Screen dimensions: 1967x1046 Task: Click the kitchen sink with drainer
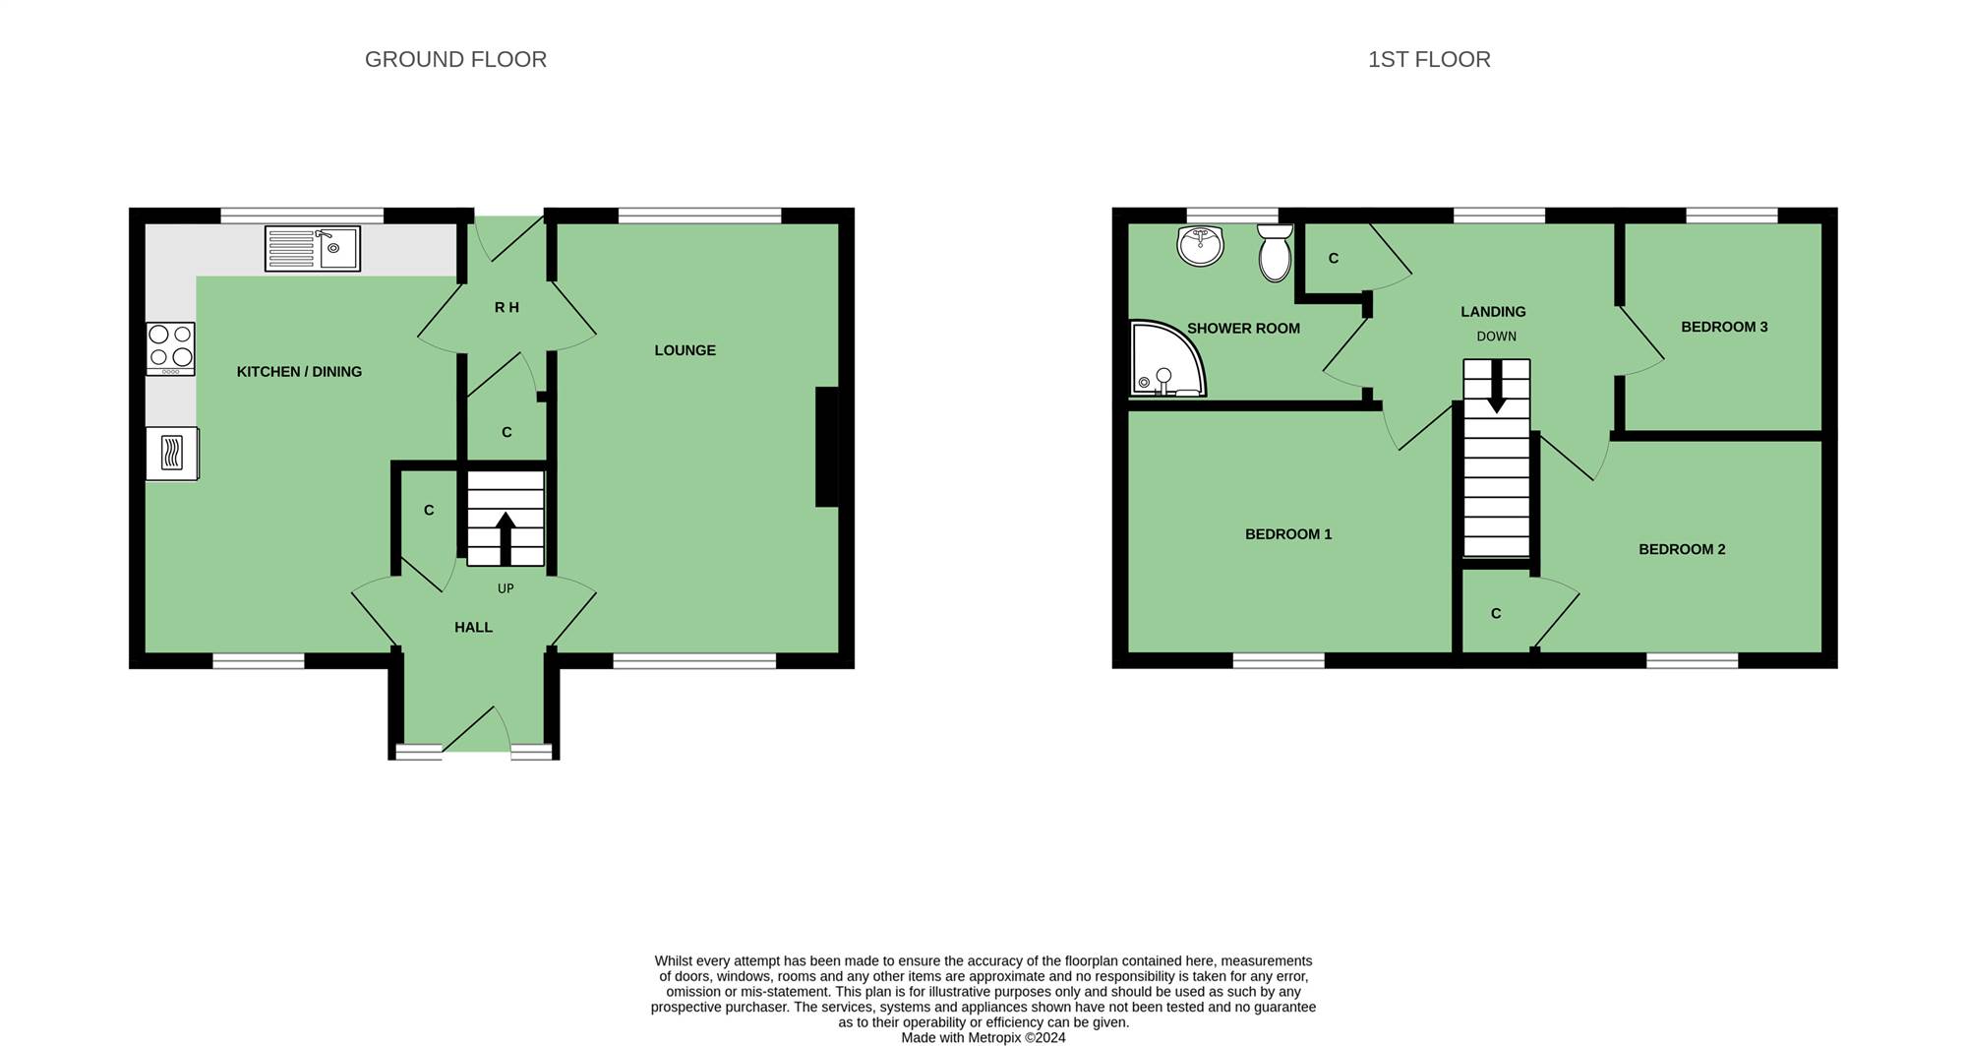point(313,248)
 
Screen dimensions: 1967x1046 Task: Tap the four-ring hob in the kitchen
point(170,348)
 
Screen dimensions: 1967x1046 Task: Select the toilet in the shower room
point(1275,252)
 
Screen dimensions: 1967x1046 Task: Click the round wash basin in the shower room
point(1200,245)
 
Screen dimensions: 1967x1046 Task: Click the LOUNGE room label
point(685,350)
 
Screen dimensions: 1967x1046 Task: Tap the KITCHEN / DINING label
point(299,372)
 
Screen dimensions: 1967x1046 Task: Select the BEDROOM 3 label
point(1724,327)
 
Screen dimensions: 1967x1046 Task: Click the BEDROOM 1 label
point(1288,534)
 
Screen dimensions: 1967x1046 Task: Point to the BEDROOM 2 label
point(1682,549)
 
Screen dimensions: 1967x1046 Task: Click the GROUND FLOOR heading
point(455,59)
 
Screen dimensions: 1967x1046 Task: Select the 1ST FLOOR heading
point(1429,59)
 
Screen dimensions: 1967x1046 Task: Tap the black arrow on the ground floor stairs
point(506,538)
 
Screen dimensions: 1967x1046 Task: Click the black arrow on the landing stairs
point(1497,387)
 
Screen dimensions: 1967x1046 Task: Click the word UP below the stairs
point(506,588)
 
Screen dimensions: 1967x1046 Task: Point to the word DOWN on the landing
point(1497,337)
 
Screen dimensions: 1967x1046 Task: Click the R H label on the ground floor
point(507,308)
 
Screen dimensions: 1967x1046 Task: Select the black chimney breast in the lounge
point(827,447)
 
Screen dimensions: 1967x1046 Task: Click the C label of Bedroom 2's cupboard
point(1496,614)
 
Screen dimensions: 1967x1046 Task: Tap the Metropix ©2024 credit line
point(983,1037)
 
